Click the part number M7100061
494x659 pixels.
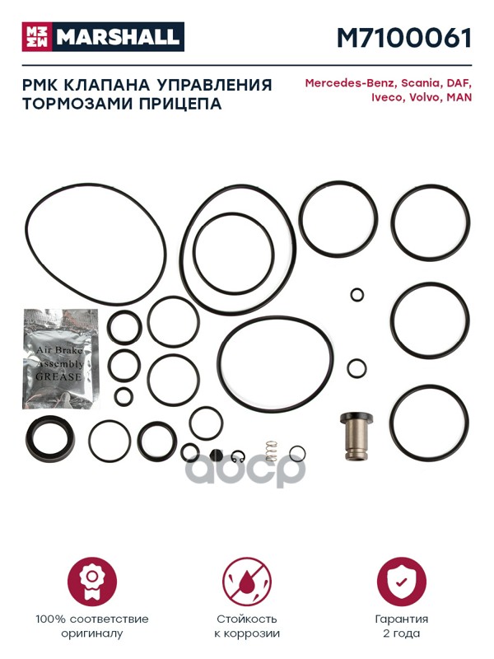[404, 37]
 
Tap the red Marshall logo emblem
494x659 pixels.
[37, 36]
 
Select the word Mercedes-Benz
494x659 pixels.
[350, 83]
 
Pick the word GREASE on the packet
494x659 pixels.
[58, 376]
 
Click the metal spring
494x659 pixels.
[272, 450]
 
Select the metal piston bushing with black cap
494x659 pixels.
[357, 437]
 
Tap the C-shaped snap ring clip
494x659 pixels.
[239, 456]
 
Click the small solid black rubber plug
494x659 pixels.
[216, 455]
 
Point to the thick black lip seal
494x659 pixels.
[50, 439]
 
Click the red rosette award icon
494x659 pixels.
[92, 582]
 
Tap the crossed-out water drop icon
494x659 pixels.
[247, 582]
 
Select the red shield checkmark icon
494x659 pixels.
[402, 582]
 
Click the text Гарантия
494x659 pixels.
[402, 619]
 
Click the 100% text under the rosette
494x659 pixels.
[50, 619]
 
